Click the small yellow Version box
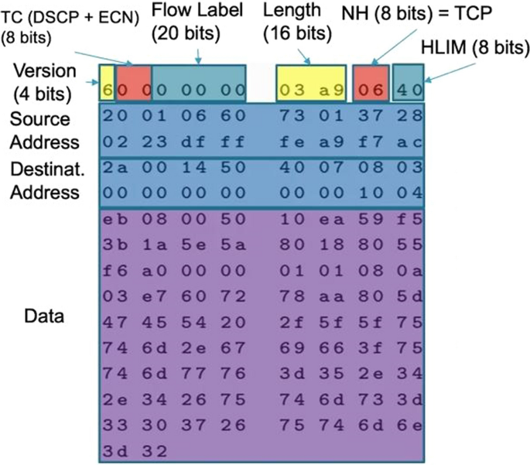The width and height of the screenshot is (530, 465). pyautogui.click(x=107, y=88)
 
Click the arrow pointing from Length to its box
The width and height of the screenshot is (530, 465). pyautogui.click(x=305, y=55)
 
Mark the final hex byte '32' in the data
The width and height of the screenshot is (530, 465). pyautogui.click(x=146, y=448)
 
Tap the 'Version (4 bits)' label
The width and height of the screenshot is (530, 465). pyautogui.click(x=46, y=82)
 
